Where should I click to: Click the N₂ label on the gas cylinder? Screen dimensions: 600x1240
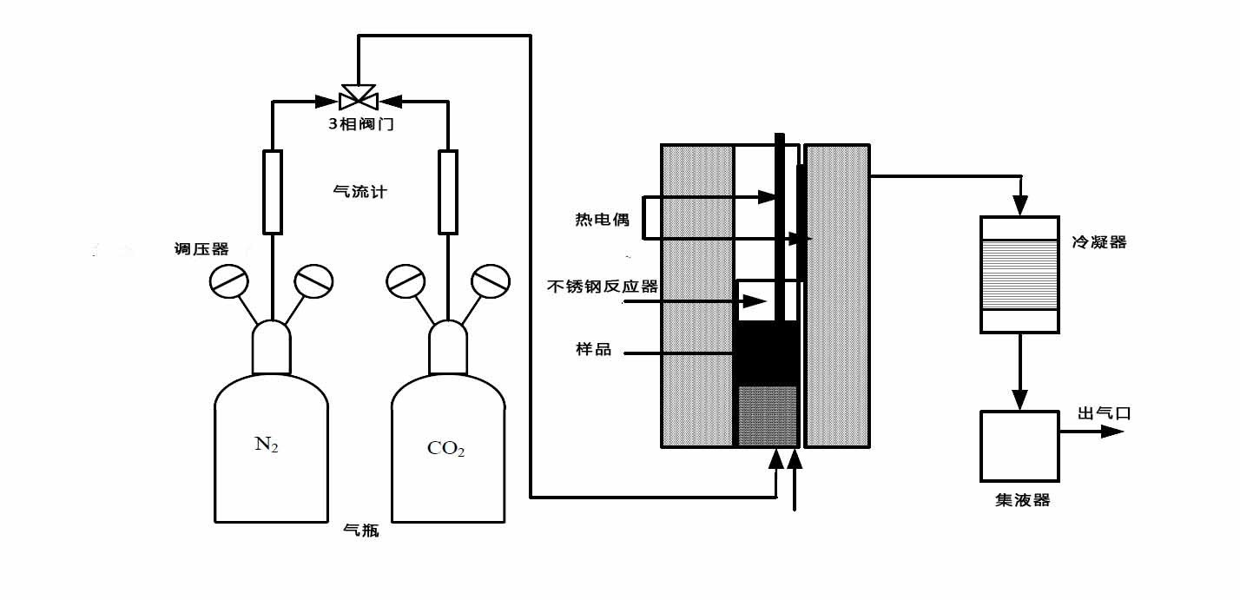point(267,445)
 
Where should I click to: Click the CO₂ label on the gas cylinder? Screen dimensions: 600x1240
point(446,449)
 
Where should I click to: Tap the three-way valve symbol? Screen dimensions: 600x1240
point(357,93)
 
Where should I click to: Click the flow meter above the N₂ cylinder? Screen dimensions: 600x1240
point(273,192)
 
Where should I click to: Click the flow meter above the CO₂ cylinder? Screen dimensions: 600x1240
point(447,192)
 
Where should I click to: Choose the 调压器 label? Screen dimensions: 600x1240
point(201,249)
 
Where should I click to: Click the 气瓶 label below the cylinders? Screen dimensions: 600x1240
point(361,531)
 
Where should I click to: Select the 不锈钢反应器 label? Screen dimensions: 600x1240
point(603,287)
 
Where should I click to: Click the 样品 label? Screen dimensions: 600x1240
point(594,350)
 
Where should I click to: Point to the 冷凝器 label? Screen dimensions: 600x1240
point(1101,242)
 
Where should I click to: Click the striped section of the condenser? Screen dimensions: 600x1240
point(1019,274)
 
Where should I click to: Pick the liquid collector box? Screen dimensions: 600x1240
point(1019,445)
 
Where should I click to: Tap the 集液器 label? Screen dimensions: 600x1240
point(1022,501)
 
